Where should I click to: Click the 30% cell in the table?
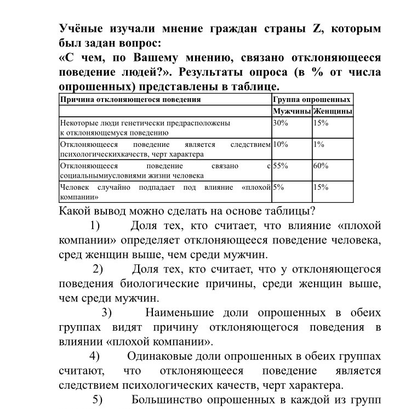coord(280,123)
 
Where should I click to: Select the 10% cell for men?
coord(280,145)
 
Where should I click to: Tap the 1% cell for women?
coord(319,145)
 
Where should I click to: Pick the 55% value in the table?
coord(280,166)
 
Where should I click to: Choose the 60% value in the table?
coord(321,166)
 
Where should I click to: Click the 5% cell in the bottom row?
coord(278,188)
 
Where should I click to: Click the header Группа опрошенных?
coord(311,100)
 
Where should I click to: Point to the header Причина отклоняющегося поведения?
coord(130,100)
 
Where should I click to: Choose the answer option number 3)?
coord(106,313)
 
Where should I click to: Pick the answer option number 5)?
coord(98,399)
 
